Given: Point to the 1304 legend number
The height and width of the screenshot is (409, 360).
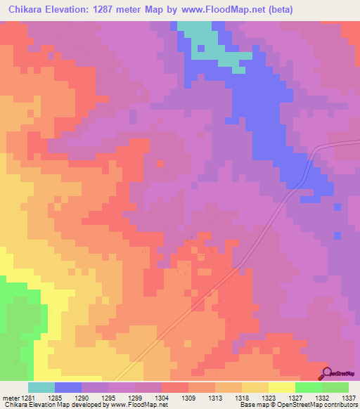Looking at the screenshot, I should tap(161, 397).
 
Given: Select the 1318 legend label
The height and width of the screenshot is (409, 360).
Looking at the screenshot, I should tap(241, 397).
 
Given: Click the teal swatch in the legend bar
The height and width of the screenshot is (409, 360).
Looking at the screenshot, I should tap(41, 387).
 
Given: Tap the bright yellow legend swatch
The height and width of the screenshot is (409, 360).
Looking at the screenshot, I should tap(282, 387).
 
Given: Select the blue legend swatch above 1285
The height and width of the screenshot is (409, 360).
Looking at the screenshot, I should tap(68, 387).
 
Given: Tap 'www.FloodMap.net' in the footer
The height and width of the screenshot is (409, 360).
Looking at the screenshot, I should tap(138, 405).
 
